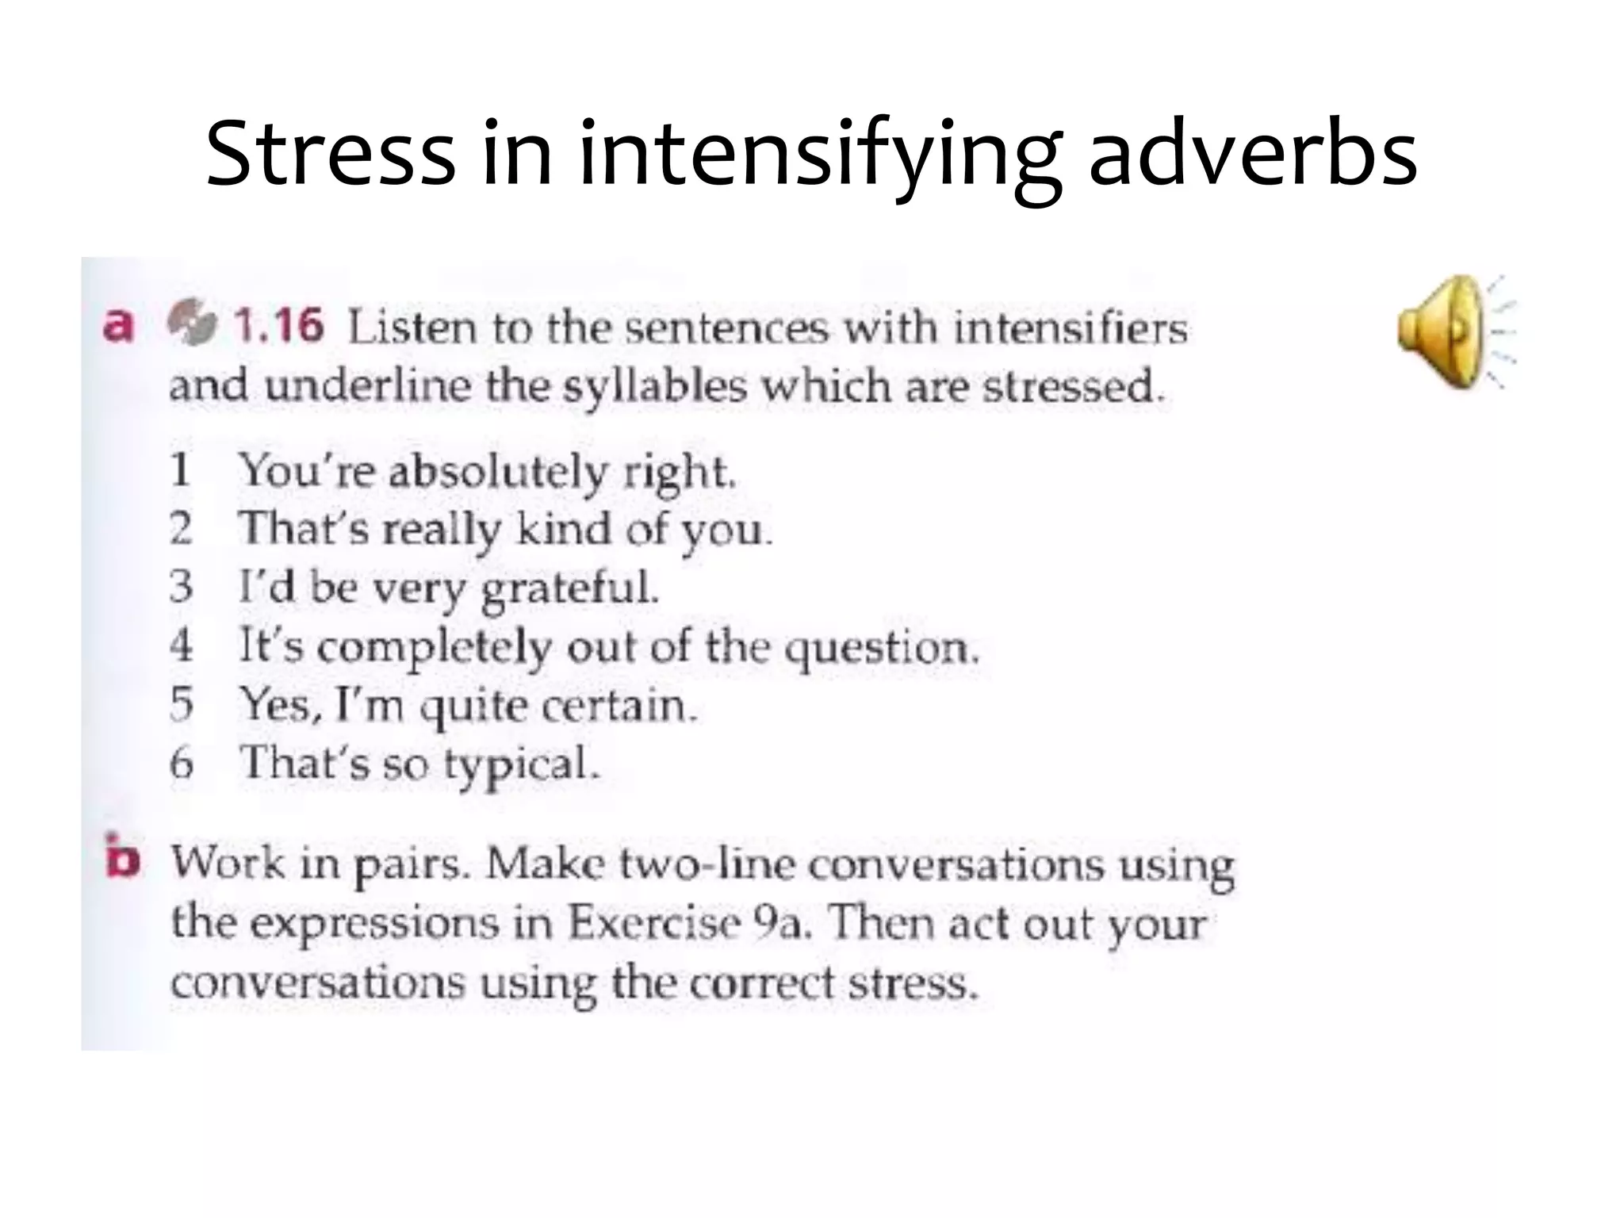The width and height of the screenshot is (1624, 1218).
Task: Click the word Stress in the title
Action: point(330,152)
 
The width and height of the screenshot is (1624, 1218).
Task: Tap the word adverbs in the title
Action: point(1253,152)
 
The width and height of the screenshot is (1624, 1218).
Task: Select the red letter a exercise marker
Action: point(118,326)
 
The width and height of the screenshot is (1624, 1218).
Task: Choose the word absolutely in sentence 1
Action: point(497,473)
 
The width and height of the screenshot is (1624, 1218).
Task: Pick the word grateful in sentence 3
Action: point(570,589)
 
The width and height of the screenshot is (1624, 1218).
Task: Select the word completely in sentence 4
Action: point(434,649)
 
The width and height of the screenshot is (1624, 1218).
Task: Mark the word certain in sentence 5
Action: point(619,705)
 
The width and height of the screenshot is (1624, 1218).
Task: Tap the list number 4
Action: point(182,645)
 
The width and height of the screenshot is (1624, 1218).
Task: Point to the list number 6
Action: point(182,764)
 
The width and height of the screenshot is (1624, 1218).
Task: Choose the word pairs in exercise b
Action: point(412,865)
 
